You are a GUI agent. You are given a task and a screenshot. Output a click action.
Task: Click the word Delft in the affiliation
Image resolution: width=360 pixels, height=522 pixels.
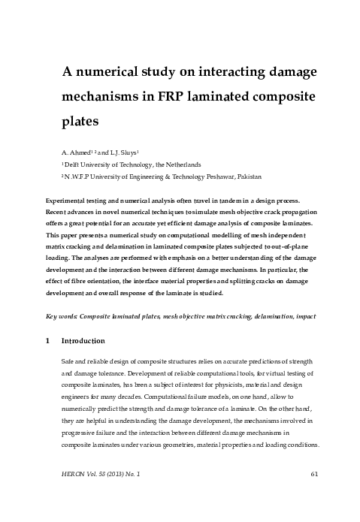[x=74, y=164]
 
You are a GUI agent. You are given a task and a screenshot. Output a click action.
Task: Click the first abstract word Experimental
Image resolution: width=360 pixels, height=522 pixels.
[x=70, y=201]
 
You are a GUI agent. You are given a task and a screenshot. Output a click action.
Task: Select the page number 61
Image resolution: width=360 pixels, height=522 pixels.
[x=315, y=493]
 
